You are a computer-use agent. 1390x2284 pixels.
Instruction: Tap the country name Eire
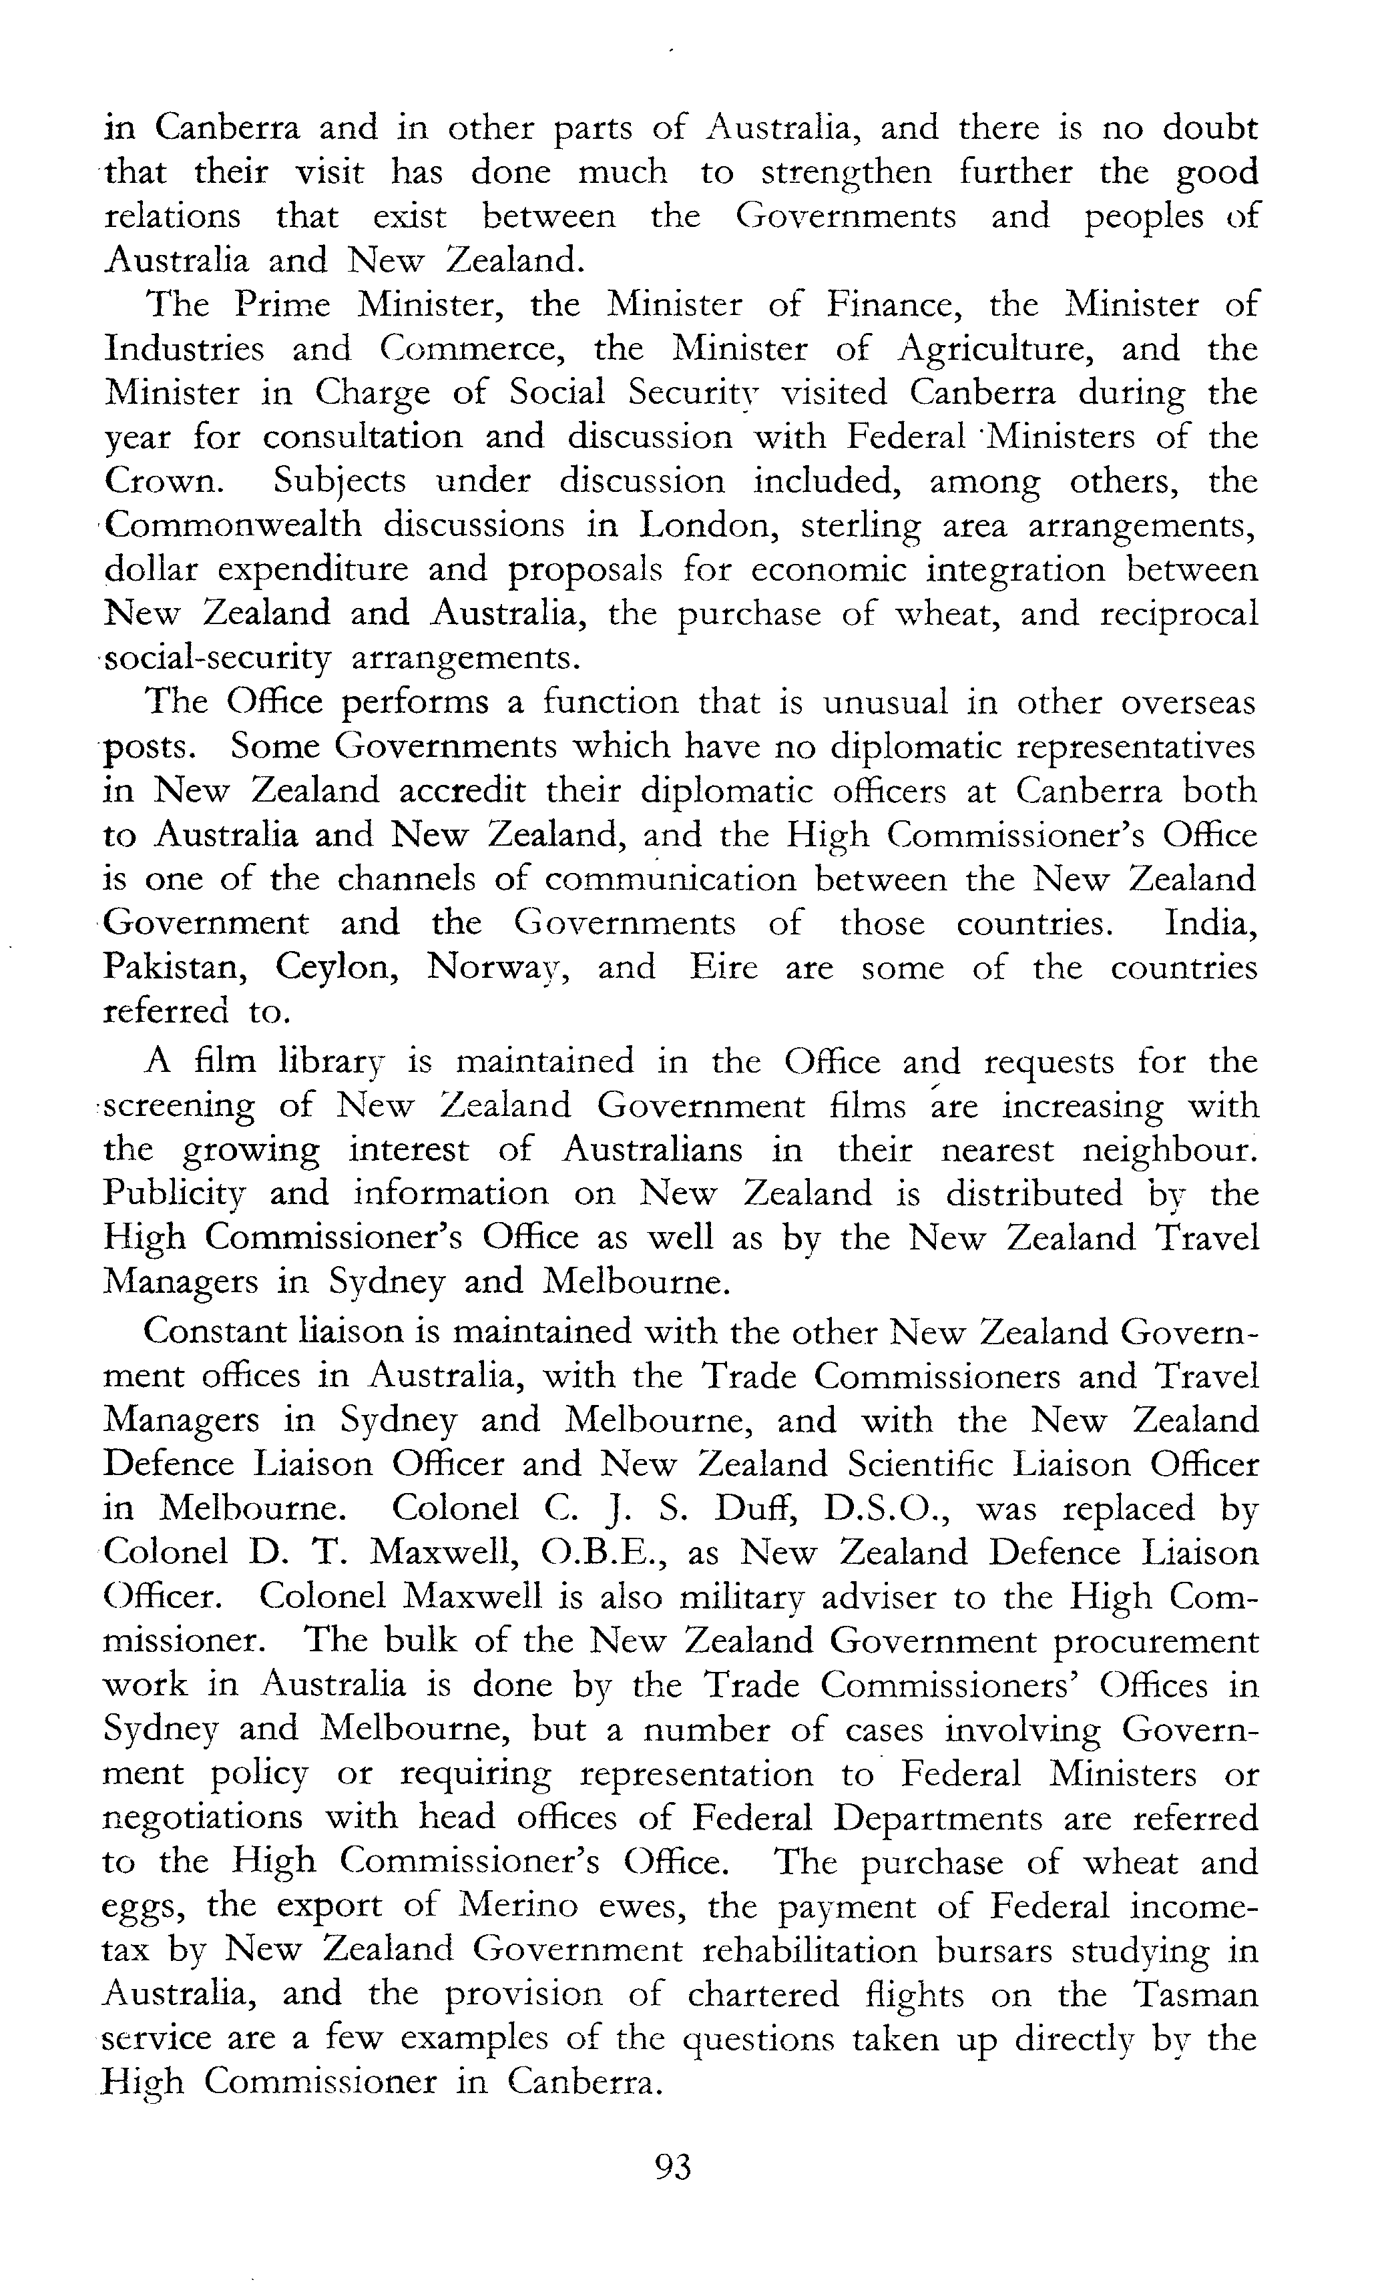[x=723, y=968]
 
